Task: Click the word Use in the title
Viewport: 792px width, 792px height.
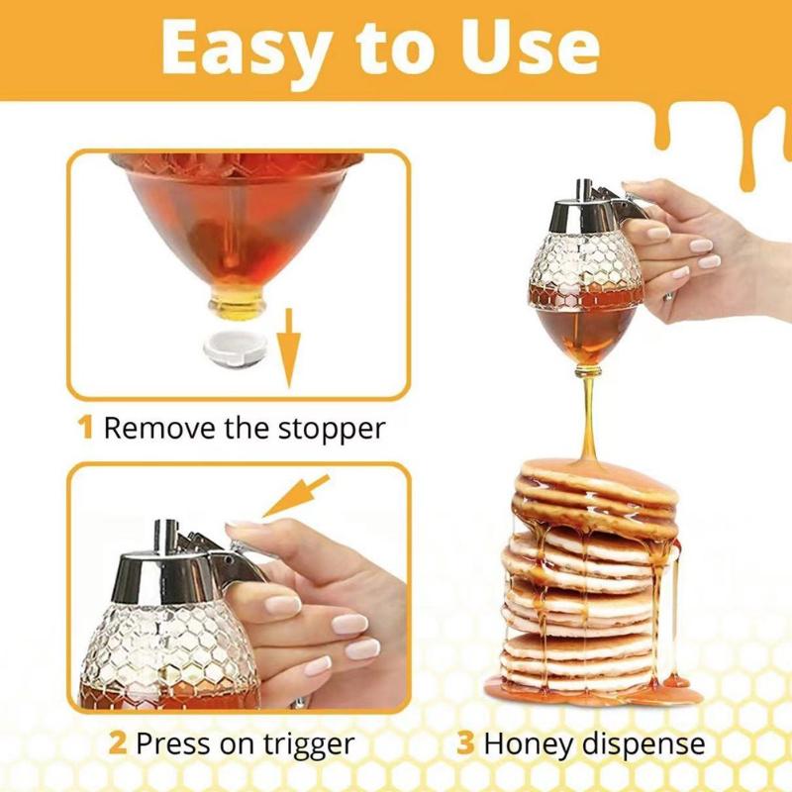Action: pos(535,48)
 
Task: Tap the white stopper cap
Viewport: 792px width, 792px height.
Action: pos(233,348)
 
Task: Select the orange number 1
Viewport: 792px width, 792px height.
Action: pos(86,429)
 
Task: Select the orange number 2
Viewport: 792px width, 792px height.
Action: pos(118,742)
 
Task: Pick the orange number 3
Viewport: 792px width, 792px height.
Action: pos(466,742)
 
